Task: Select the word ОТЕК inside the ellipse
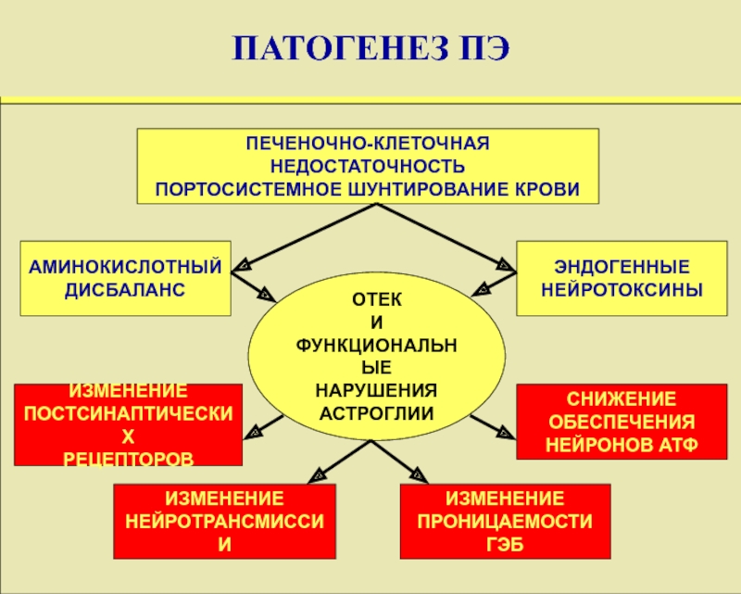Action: click(376, 303)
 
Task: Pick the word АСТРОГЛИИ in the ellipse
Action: click(376, 409)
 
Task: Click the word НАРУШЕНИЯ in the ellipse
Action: click(376, 387)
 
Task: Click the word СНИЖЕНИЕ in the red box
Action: click(609, 401)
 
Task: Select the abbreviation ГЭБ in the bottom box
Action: click(505, 544)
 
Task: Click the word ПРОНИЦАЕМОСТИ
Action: click(505, 523)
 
